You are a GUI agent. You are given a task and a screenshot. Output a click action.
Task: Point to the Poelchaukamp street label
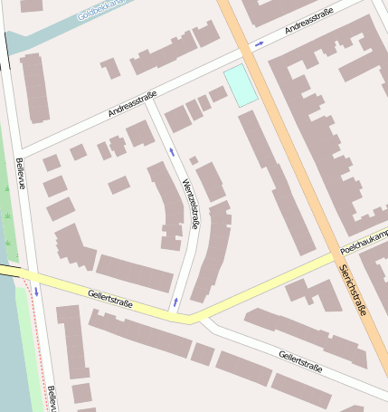click(x=364, y=241)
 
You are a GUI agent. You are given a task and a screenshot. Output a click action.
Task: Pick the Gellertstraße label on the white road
click(x=301, y=361)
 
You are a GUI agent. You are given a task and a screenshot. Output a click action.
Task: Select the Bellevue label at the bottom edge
click(x=52, y=398)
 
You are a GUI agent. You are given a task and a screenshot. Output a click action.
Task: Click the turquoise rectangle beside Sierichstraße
click(x=239, y=85)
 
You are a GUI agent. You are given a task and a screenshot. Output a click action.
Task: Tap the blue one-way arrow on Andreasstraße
click(x=260, y=43)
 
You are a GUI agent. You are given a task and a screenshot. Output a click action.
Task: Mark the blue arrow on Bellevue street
click(x=36, y=292)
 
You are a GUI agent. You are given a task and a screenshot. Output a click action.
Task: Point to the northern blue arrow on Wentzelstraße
click(x=171, y=150)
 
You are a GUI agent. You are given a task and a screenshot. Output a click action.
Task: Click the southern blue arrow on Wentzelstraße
click(x=175, y=301)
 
